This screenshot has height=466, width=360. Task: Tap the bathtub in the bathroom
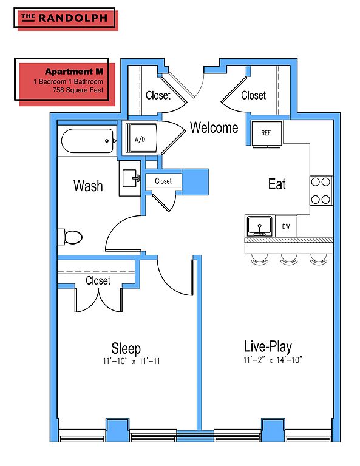click(x=87, y=141)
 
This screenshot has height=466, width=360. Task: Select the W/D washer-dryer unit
click(x=141, y=138)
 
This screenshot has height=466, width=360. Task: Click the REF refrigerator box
click(x=267, y=133)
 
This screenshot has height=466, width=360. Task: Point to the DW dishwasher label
click(x=286, y=226)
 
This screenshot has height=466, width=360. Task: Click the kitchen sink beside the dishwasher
click(x=259, y=226)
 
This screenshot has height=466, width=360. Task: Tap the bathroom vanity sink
click(x=130, y=178)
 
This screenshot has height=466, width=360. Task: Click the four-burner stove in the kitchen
click(x=321, y=191)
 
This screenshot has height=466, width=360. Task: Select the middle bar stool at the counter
click(x=288, y=259)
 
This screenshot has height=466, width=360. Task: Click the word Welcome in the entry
click(x=214, y=127)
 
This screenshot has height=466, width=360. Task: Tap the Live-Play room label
click(x=268, y=346)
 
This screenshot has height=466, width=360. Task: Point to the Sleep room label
click(x=126, y=348)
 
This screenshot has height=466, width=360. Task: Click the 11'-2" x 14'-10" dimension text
click(x=273, y=360)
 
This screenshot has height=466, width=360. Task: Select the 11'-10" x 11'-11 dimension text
click(x=131, y=361)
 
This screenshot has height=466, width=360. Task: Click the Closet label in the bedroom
click(x=98, y=280)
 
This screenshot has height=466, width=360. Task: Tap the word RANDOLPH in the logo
click(x=73, y=18)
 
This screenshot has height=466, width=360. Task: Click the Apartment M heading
click(x=74, y=72)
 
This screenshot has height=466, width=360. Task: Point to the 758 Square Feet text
click(x=78, y=90)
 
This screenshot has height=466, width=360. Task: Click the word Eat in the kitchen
click(x=277, y=184)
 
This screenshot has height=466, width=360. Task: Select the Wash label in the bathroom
click(x=88, y=186)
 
